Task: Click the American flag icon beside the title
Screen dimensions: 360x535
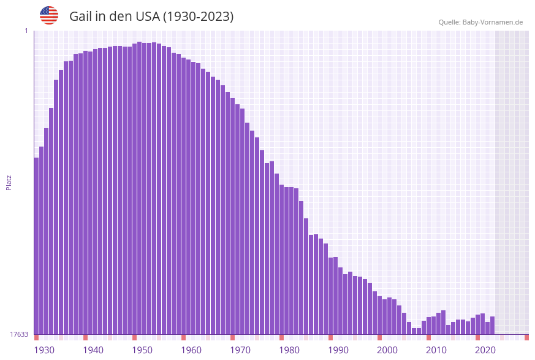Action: coord(49,15)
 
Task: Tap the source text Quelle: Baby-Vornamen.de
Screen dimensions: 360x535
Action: coord(480,22)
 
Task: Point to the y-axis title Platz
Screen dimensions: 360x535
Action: coord(9,182)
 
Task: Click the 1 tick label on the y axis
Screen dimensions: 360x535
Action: coord(26,31)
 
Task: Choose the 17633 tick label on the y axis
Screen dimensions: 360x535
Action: coord(19,334)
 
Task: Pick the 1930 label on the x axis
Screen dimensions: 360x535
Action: coord(44,350)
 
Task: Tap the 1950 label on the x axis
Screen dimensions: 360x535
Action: coord(142,350)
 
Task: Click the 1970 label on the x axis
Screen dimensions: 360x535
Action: coord(240,350)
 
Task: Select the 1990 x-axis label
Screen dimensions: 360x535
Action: coord(338,350)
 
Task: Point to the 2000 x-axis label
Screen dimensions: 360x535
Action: coord(387,350)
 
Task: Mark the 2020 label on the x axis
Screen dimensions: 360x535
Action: coord(485,350)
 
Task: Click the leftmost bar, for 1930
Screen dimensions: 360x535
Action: coord(36,245)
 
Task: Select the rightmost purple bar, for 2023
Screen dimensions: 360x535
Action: coord(492,326)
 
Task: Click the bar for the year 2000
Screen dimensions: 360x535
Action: coord(379,315)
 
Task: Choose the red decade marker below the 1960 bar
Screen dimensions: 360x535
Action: coord(183,337)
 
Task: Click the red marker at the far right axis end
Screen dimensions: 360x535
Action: coord(526,337)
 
